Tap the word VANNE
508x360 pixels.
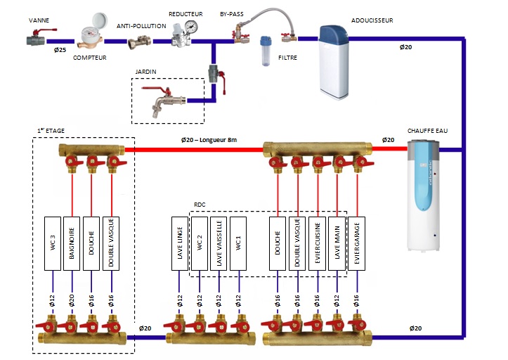pos(39,21)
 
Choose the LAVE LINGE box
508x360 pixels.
pos(180,243)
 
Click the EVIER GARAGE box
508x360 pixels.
pos(358,243)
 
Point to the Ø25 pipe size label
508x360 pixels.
pos(60,49)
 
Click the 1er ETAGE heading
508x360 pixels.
pos(49,130)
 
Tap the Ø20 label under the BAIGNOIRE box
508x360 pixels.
pos(72,299)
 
